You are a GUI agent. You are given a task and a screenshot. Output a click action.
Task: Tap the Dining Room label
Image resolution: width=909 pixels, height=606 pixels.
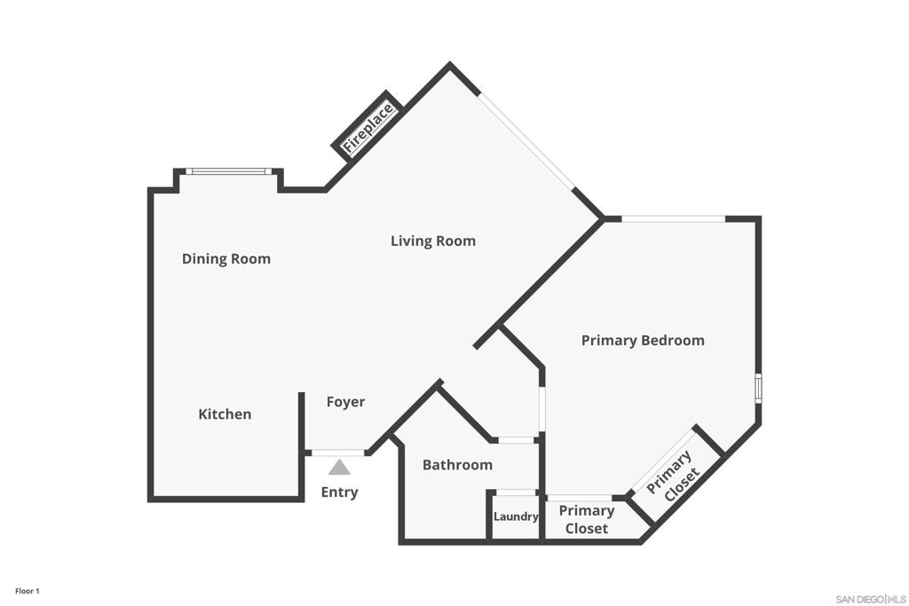pyautogui.click(x=226, y=259)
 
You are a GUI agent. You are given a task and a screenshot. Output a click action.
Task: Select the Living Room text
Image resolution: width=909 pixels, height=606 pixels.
pyautogui.click(x=433, y=240)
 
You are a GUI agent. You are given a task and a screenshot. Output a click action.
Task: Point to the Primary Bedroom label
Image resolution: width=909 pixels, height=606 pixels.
pyautogui.click(x=643, y=340)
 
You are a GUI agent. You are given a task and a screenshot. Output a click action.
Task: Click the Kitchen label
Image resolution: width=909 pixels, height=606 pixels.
pyautogui.click(x=225, y=414)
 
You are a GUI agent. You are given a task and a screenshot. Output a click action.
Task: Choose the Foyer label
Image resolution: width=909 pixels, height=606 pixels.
pyautogui.click(x=345, y=402)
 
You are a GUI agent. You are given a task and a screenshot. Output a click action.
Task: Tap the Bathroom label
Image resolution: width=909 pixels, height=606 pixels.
pyautogui.click(x=457, y=465)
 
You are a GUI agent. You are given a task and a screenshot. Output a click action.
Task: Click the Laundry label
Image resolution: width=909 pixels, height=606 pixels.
pyautogui.click(x=516, y=516)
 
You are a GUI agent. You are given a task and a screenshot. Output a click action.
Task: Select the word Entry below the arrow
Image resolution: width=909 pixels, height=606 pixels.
pyautogui.click(x=339, y=492)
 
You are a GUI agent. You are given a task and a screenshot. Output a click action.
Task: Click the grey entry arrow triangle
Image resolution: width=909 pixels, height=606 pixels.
pyautogui.click(x=339, y=468)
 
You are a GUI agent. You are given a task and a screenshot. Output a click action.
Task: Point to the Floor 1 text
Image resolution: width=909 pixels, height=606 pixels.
pyautogui.click(x=28, y=591)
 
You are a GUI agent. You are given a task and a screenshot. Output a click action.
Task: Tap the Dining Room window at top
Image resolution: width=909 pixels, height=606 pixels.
pyautogui.click(x=229, y=171)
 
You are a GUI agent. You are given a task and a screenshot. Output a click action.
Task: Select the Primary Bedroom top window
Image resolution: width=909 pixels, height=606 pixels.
pyautogui.click(x=673, y=218)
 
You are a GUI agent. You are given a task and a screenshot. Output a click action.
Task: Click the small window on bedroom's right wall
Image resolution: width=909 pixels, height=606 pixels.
pyautogui.click(x=758, y=389)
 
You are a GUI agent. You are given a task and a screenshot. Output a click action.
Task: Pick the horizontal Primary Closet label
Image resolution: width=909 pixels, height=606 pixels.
pyautogui.click(x=587, y=519)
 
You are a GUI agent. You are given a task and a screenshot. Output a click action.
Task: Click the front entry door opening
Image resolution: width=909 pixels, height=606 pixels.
pyautogui.click(x=337, y=453)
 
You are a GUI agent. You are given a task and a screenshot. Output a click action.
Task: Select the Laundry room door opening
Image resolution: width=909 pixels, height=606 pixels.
pyautogui.click(x=516, y=492)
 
